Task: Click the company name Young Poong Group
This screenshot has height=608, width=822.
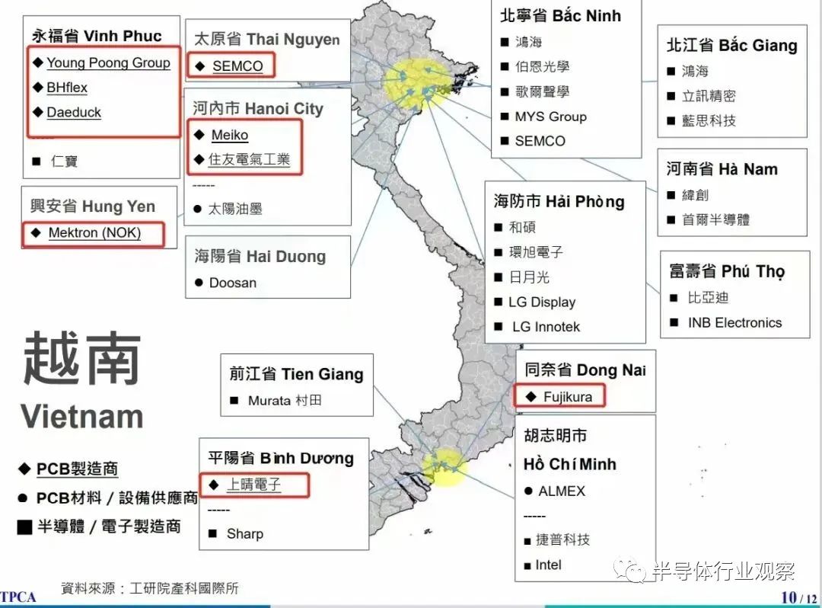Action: pyautogui.click(x=108, y=62)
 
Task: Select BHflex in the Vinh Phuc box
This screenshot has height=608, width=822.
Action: pyautogui.click(x=67, y=88)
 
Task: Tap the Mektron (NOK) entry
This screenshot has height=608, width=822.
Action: pyautogui.click(x=94, y=232)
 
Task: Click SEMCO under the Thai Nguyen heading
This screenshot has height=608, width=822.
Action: pyautogui.click(x=237, y=66)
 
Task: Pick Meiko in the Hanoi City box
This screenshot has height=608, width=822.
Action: pyautogui.click(x=230, y=135)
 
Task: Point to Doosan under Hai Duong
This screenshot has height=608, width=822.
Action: pyautogui.click(x=232, y=283)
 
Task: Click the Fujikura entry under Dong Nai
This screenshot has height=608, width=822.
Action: pyautogui.click(x=568, y=397)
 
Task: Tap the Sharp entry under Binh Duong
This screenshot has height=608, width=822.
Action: pyautogui.click(x=244, y=533)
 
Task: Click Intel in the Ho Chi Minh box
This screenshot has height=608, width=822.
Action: pyautogui.click(x=548, y=565)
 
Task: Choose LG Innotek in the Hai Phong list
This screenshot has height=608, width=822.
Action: pyautogui.click(x=546, y=327)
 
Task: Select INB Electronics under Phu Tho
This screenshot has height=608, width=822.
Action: pyautogui.click(x=734, y=322)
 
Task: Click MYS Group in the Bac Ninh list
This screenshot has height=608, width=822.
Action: pyautogui.click(x=550, y=117)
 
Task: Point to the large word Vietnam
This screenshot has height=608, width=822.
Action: pyautogui.click(x=82, y=417)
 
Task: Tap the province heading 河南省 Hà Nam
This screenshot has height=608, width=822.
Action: pyautogui.click(x=722, y=169)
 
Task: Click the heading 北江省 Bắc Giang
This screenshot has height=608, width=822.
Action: pyautogui.click(x=731, y=46)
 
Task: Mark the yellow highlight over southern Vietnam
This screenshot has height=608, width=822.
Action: pyautogui.click(x=444, y=466)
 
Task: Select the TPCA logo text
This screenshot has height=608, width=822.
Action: pyautogui.click(x=18, y=597)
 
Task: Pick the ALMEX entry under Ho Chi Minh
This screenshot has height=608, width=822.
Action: pyautogui.click(x=562, y=491)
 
